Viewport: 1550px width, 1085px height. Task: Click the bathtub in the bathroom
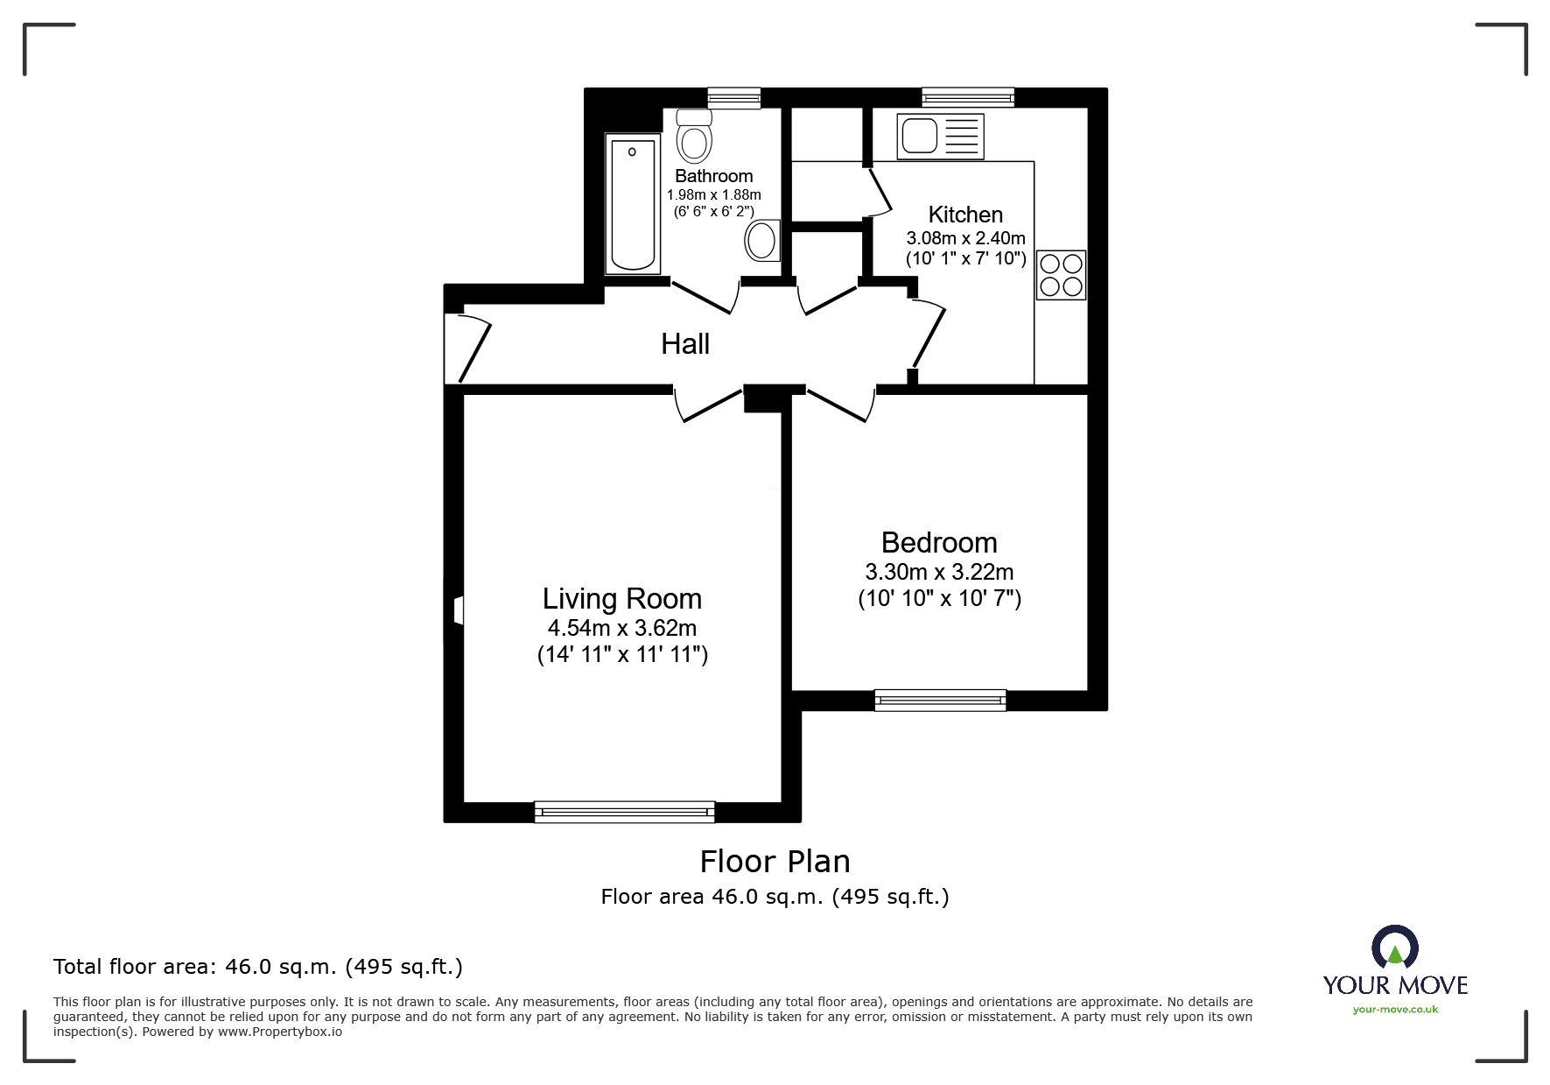pos(632,204)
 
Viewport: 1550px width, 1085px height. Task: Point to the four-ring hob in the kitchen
pos(1061,274)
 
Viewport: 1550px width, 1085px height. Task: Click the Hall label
pos(685,344)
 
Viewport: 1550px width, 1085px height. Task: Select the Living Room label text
pos(622,599)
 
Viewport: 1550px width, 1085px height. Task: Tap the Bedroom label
pos(939,543)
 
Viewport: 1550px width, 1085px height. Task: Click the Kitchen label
pos(965,215)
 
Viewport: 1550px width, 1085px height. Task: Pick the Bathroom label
pos(714,176)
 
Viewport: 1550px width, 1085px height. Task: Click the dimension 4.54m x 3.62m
pos(622,628)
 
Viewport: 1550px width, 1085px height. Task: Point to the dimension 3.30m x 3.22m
pos(939,572)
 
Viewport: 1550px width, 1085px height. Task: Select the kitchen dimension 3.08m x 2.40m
pos(965,237)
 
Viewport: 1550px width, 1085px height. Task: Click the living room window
pos(625,812)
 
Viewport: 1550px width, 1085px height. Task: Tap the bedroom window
pos(940,700)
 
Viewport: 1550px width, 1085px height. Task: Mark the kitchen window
pos(968,97)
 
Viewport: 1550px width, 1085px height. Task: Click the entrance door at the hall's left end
pos(467,348)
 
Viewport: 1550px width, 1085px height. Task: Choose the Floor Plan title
pos(775,862)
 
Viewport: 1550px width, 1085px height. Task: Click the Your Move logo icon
pos(1394,948)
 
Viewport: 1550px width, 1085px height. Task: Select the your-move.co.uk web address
pos(1395,1010)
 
